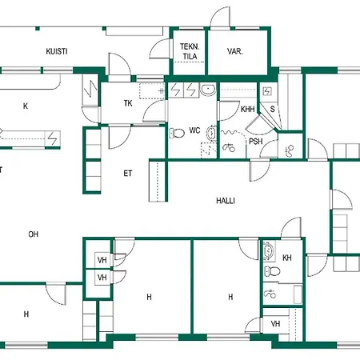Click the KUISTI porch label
(x=57, y=51)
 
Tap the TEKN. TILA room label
(x=190, y=51)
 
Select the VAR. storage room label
(x=235, y=51)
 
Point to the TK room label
(x=128, y=103)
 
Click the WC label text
(x=194, y=130)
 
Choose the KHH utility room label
(x=247, y=109)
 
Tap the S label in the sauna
(x=272, y=109)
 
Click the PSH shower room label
(x=256, y=142)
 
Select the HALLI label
(x=226, y=201)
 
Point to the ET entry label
(x=128, y=174)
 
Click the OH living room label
(x=34, y=234)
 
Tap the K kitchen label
(x=26, y=106)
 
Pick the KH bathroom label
(x=287, y=258)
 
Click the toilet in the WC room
(x=177, y=133)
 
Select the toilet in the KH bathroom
(x=272, y=272)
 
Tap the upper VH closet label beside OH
(x=102, y=260)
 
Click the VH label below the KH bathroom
(x=275, y=324)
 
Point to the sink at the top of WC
(x=208, y=90)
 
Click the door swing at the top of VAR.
(x=220, y=17)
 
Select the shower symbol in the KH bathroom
(x=270, y=294)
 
